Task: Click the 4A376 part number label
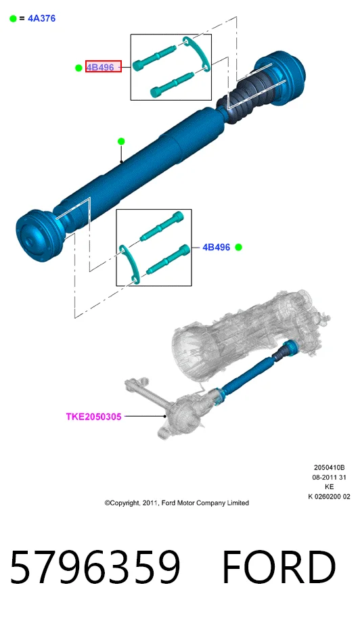(x=41, y=18)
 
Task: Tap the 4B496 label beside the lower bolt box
(x=216, y=247)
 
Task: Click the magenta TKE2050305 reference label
(x=93, y=416)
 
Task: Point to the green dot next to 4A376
(x=13, y=18)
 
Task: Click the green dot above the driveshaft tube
(x=121, y=141)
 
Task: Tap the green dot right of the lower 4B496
(x=238, y=247)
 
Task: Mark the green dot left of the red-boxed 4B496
(x=78, y=68)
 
